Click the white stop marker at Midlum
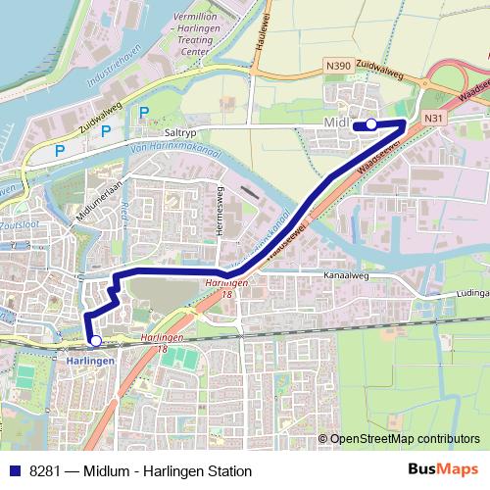[x=371, y=123]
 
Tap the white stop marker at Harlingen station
[x=95, y=341]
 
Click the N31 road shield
[x=433, y=118]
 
